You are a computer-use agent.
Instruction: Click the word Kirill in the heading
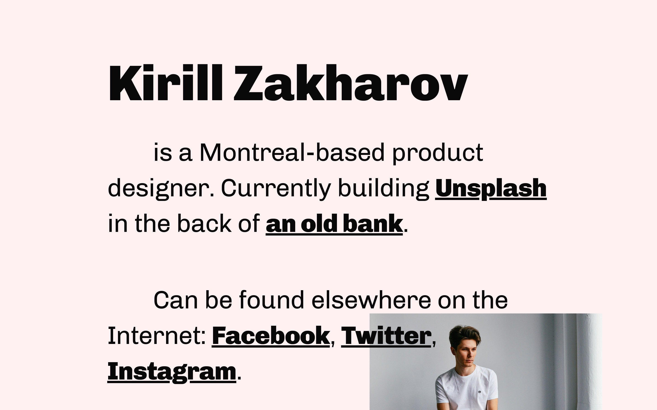[166, 82]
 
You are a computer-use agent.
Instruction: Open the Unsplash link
[491, 189]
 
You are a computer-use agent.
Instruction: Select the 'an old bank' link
[334, 224]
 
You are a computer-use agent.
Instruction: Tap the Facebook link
[271, 336]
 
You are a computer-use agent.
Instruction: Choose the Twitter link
[386, 336]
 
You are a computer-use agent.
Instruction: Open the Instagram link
[172, 372]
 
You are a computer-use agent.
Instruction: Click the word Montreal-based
[292, 153]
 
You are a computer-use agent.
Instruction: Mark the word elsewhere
[371, 300]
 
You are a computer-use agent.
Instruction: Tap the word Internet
[157, 336]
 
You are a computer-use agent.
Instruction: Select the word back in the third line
[204, 224]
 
